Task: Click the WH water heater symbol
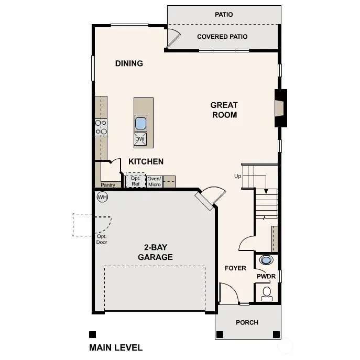click(x=102, y=197)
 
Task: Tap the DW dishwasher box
click(x=140, y=139)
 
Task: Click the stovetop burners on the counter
click(x=101, y=127)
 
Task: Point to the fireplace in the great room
click(x=281, y=108)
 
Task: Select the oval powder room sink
click(x=267, y=259)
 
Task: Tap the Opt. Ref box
click(x=136, y=181)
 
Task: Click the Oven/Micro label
click(x=154, y=181)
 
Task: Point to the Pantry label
click(x=108, y=185)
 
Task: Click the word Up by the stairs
click(x=237, y=176)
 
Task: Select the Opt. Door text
click(x=102, y=239)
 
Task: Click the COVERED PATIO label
click(x=222, y=37)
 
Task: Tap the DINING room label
click(x=129, y=63)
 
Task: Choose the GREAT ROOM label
click(x=224, y=110)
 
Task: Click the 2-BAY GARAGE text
click(x=155, y=252)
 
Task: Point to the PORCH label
click(x=247, y=322)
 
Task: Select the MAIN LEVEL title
click(x=116, y=347)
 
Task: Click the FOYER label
click(x=235, y=268)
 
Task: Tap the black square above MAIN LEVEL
click(x=92, y=334)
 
